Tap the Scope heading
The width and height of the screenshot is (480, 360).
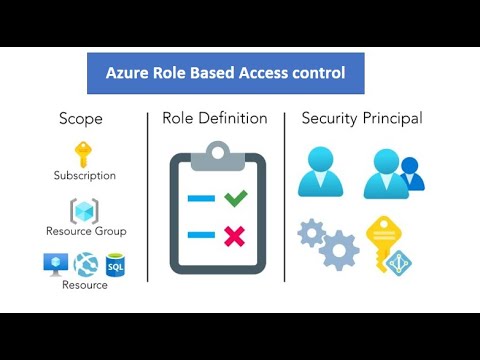coord(81,119)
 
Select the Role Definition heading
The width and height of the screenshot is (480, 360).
coord(215,119)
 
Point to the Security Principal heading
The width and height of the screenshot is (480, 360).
coord(362,119)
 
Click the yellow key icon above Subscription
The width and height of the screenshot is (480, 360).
coord(84,154)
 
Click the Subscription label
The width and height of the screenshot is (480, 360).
coord(85,176)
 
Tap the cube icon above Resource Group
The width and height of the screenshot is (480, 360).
coord(84,211)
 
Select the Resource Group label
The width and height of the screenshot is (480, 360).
coord(85,232)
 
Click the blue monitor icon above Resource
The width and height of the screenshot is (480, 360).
coord(54,263)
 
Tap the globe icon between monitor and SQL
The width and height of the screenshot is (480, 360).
coord(84,263)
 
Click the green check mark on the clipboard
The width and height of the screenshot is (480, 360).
coord(235,198)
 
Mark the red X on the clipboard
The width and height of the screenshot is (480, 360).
coord(235,236)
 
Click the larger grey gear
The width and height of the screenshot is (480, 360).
coord(340,247)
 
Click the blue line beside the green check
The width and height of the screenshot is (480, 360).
coord(201,199)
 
